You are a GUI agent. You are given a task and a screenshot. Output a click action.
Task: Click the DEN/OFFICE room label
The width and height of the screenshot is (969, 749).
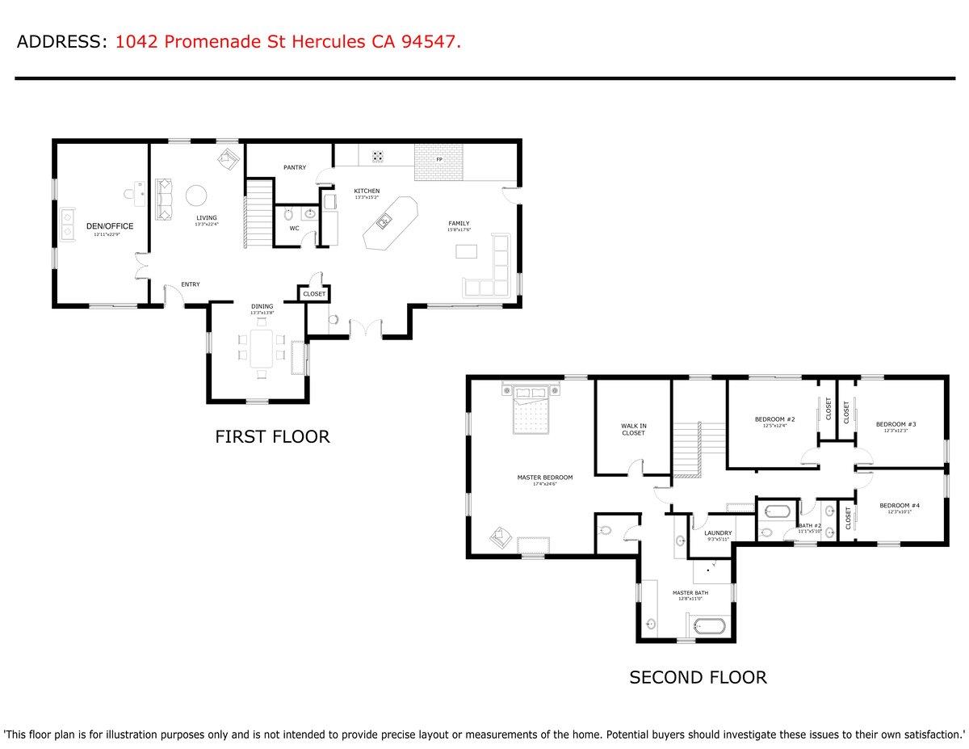tap(109, 226)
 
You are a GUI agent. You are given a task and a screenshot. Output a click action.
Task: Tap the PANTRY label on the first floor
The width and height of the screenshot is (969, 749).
tap(294, 167)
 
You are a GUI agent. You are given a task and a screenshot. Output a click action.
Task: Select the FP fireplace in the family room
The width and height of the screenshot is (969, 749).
tap(438, 160)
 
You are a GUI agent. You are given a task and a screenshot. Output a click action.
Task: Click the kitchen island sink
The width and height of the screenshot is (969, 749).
tap(385, 219)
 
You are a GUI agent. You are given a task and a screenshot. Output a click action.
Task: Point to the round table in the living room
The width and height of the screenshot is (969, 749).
tap(197, 196)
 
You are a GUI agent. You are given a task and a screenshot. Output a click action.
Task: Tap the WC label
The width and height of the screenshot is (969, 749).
tap(294, 228)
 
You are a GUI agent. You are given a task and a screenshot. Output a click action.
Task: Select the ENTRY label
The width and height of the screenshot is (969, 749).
tap(191, 284)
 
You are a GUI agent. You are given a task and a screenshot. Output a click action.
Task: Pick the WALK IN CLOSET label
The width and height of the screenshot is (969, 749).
tap(633, 429)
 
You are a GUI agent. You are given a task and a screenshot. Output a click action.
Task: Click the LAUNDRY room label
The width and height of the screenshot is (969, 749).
tap(717, 533)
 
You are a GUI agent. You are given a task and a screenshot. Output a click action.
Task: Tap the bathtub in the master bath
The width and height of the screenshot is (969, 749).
tap(709, 626)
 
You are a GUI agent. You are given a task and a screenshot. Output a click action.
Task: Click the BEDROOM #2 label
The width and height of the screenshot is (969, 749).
tap(774, 419)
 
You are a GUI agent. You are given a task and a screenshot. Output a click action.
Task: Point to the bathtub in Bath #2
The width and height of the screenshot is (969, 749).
tap(777, 511)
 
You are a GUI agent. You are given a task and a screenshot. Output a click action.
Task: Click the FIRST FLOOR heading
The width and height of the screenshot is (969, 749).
tap(272, 437)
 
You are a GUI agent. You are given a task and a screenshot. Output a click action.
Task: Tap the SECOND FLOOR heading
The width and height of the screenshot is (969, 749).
tap(698, 677)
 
